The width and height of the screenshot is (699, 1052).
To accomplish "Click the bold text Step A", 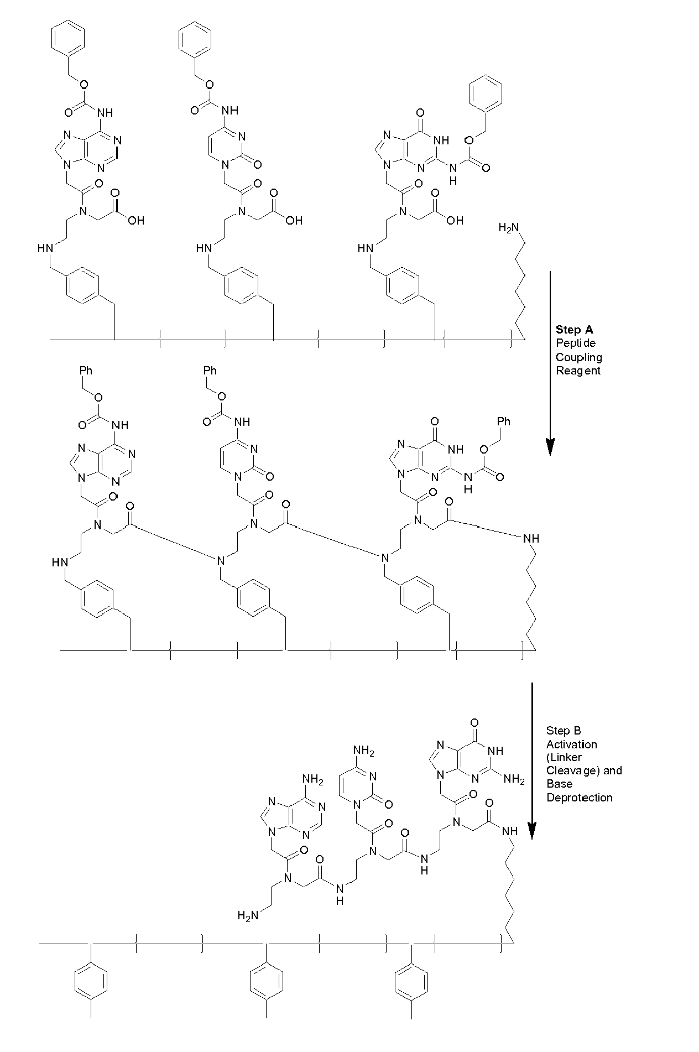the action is pos(574,330).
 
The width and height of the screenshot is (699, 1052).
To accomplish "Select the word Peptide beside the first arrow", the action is pos(576,343).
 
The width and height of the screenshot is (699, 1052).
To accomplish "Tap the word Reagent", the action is pos(578,371).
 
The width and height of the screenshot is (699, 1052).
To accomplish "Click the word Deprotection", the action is pos(580,798).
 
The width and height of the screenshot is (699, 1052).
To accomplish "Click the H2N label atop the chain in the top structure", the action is pos(509,227).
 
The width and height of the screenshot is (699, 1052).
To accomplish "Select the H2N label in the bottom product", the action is pos(248,916).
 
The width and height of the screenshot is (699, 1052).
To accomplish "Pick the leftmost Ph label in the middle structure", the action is pos(86,370).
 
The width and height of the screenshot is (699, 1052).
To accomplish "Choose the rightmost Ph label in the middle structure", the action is pos(503,422).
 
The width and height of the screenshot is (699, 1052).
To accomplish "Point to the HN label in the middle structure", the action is pos(59,563).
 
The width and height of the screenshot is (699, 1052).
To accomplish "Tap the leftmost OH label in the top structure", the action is pos(136,221).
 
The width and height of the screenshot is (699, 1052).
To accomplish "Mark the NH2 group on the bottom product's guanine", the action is pos(514,780).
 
